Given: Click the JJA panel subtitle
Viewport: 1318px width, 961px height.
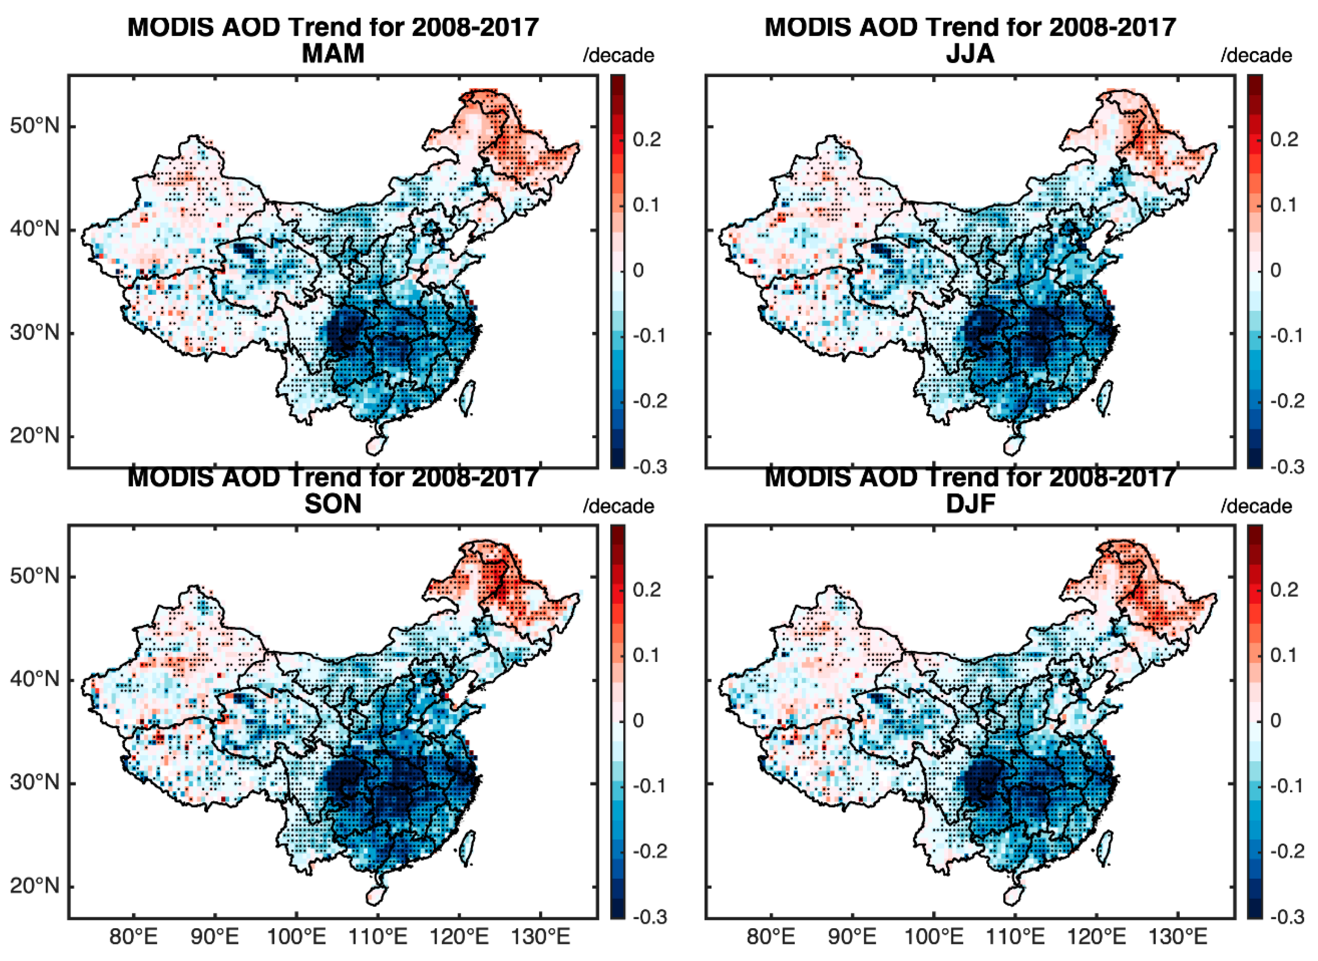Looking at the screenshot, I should (x=970, y=54).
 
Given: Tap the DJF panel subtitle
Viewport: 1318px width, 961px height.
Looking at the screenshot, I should (x=970, y=504).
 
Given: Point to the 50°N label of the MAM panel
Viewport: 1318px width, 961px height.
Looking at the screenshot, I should (x=35, y=126).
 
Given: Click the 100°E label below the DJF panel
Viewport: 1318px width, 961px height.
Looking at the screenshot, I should (x=934, y=938).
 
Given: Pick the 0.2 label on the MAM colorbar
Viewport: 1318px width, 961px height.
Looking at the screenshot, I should (x=647, y=140).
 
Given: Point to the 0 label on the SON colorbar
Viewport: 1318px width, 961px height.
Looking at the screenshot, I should (x=638, y=721).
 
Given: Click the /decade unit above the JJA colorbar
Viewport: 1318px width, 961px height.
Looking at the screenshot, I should (x=1256, y=56).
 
